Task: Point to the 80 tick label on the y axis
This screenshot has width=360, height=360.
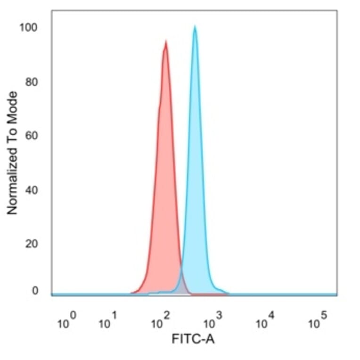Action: [31, 82]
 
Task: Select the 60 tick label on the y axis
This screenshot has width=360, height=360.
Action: [31, 136]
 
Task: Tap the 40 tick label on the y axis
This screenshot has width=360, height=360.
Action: [31, 190]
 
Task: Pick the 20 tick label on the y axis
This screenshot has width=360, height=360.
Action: [31, 244]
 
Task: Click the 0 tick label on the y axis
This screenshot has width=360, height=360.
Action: [34, 291]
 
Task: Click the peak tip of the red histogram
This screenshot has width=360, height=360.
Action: [166, 42]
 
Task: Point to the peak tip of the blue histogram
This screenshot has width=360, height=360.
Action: [195, 27]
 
